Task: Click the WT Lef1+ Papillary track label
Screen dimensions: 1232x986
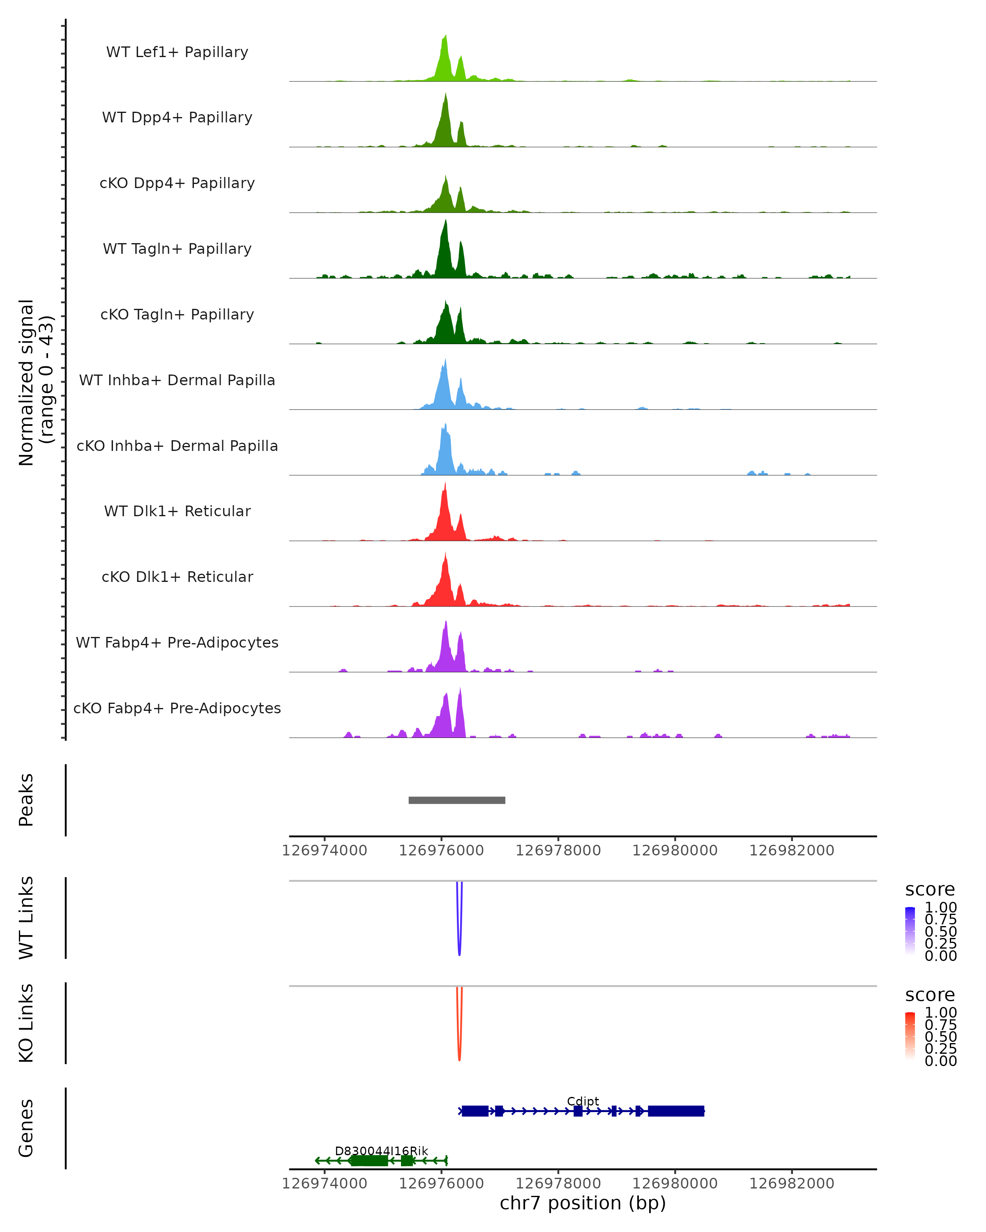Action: coord(177,52)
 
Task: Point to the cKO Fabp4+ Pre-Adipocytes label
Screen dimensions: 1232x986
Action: coord(177,708)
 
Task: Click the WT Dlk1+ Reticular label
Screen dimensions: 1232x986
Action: coord(177,511)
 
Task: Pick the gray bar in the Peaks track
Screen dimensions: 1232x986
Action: coord(457,800)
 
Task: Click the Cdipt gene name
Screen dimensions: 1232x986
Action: coord(583,1101)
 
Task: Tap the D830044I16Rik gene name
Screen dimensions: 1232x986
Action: coord(381,1151)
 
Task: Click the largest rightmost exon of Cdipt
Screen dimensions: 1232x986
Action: coord(676,1111)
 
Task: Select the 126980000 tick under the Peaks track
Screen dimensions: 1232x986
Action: coord(675,850)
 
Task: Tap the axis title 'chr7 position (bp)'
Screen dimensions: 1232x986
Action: coord(583,1203)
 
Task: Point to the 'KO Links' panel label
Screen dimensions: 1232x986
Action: coord(26,1023)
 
